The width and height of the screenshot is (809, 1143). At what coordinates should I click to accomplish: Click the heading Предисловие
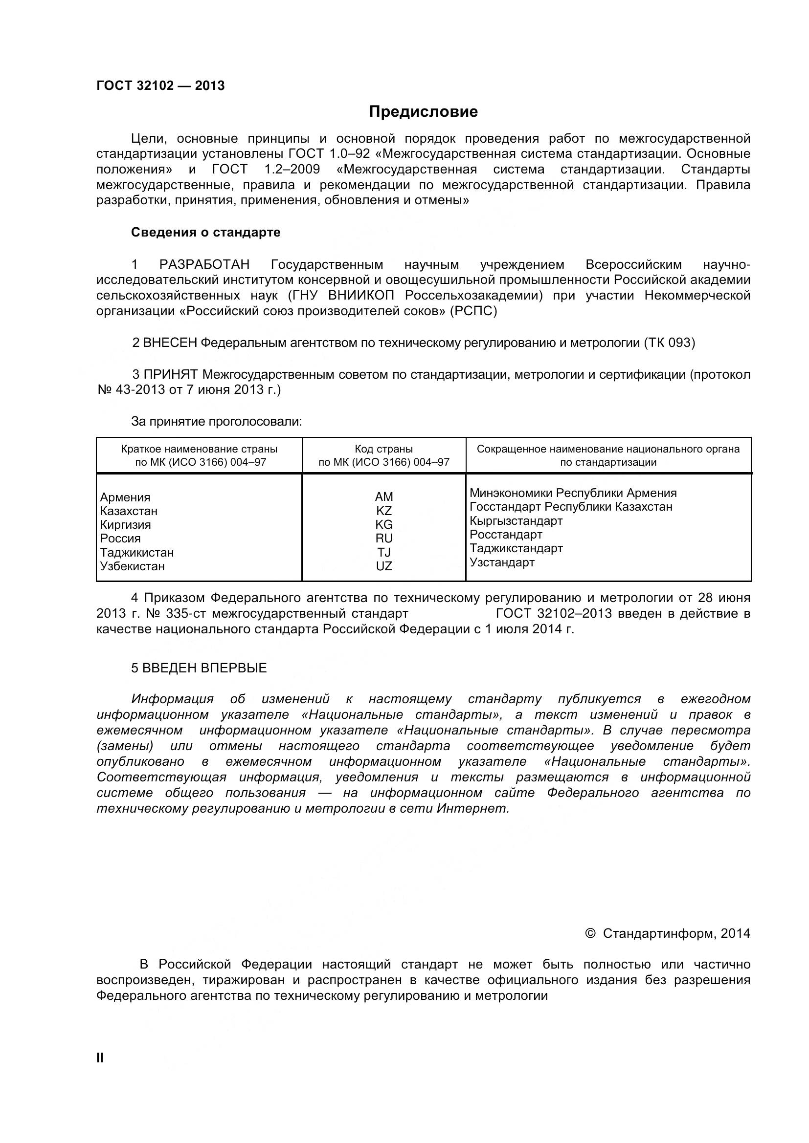423,111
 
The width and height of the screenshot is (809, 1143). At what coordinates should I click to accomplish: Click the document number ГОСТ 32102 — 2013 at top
160,86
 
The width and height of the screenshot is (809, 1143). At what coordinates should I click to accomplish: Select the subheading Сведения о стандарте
205,233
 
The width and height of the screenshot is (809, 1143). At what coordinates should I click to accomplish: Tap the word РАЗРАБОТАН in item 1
204,264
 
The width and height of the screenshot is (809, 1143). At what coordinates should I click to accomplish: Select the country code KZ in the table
383,511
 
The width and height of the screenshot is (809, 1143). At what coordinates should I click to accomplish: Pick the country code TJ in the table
383,552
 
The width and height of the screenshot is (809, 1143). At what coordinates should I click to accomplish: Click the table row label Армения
125,497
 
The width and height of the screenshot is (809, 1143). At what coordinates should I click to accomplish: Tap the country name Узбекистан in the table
132,566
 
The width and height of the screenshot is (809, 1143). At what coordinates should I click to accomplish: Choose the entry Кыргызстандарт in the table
516,521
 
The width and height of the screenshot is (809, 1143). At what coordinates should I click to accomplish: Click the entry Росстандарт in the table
506,535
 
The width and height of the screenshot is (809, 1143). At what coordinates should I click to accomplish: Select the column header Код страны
383,449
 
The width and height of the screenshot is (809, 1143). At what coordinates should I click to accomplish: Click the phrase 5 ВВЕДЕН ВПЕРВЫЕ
199,668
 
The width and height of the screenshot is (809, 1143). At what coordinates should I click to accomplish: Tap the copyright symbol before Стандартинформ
590,933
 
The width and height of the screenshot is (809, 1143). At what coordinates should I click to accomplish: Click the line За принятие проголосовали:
217,422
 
